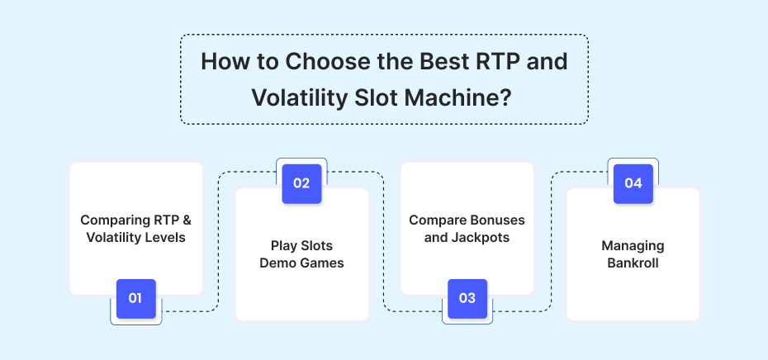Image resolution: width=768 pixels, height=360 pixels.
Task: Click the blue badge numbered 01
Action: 135,299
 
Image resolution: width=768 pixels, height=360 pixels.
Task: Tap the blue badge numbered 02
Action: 301,183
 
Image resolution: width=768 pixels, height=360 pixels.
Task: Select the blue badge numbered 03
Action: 467,299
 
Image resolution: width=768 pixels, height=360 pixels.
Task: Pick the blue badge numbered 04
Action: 633,183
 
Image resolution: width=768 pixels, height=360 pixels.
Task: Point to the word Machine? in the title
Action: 458,97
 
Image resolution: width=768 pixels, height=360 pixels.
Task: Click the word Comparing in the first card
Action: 114,220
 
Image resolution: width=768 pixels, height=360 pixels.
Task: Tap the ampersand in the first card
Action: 186,220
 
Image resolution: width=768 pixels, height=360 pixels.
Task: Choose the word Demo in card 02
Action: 277,263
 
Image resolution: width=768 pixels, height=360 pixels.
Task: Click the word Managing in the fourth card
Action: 633,246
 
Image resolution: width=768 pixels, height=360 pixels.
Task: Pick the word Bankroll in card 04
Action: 633,263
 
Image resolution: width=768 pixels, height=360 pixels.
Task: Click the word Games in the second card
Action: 320,263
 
